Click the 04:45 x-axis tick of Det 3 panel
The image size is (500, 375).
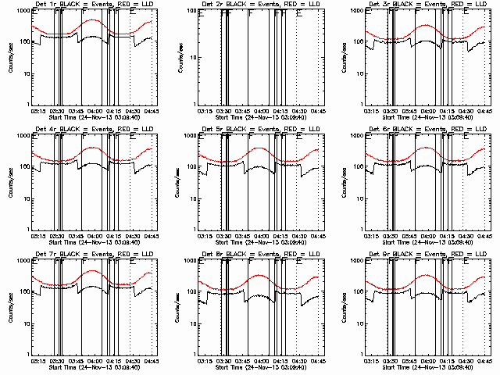coord(483,110)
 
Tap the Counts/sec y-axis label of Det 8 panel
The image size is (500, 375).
coord(180,306)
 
